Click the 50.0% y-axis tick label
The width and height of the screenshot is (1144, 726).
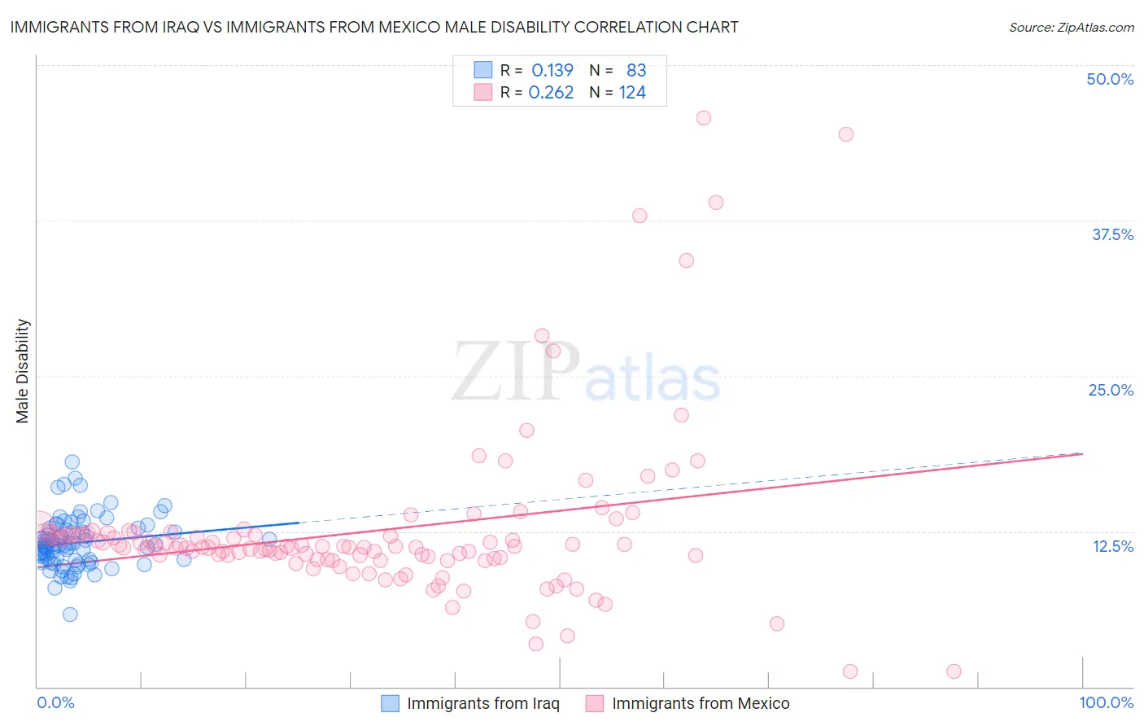click(1110, 79)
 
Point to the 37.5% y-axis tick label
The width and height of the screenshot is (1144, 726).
click(1112, 234)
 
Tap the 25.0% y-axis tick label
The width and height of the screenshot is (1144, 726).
click(1111, 390)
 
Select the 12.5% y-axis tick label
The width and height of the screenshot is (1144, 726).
click(1112, 546)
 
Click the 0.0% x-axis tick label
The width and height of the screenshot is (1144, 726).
click(55, 702)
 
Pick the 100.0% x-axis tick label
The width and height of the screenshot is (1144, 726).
click(1106, 702)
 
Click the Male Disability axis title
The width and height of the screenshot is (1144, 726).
click(23, 370)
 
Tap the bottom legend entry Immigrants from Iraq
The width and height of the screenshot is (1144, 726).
click(482, 703)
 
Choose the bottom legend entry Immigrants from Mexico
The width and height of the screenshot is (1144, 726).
click(700, 703)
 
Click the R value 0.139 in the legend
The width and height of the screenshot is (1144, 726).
click(552, 71)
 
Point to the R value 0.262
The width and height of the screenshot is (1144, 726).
click(551, 93)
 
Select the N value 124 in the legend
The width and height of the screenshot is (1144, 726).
click(632, 93)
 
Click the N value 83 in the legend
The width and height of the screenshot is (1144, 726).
click(636, 71)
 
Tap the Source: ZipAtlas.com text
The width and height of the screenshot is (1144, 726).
click(1071, 28)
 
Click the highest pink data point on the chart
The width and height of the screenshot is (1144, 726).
click(704, 118)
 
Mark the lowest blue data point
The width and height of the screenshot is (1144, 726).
click(70, 614)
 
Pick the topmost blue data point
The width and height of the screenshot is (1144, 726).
click(72, 462)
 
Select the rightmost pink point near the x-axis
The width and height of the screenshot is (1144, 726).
click(954, 671)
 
